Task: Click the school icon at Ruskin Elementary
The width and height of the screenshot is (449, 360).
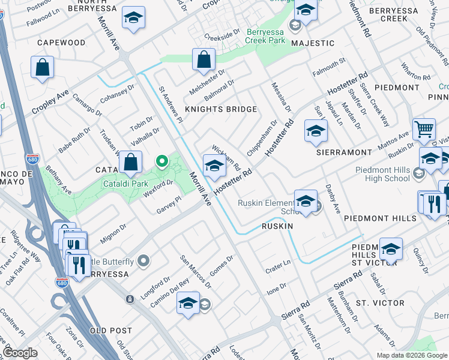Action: point(306,201)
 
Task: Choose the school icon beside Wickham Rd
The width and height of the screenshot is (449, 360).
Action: point(214,166)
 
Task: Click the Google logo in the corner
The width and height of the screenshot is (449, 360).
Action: point(20,353)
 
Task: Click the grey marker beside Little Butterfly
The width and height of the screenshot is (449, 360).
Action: point(143,260)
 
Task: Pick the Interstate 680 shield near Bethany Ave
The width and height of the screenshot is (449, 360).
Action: point(32,160)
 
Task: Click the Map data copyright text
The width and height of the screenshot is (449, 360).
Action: point(411,355)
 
